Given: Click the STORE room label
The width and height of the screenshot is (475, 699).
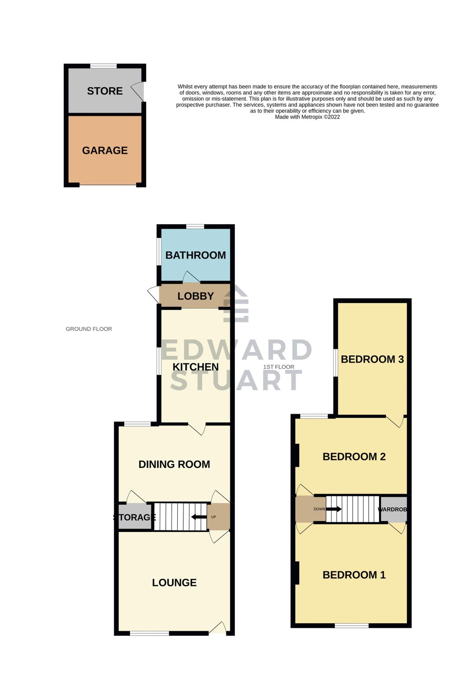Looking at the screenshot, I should pyautogui.click(x=105, y=91).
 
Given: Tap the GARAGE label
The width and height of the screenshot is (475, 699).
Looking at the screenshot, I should pyautogui.click(x=105, y=150).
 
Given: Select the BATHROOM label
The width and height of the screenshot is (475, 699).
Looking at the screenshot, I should pyautogui.click(x=196, y=255).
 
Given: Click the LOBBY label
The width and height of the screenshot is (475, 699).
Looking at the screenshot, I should pyautogui.click(x=196, y=296).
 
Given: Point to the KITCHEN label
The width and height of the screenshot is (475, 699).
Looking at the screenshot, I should pyautogui.click(x=196, y=367).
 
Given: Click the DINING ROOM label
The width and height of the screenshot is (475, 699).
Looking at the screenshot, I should pyautogui.click(x=174, y=464).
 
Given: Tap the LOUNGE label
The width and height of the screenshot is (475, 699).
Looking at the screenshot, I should pyautogui.click(x=174, y=582).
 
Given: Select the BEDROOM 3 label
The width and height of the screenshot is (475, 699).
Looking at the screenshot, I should pyautogui.click(x=372, y=359).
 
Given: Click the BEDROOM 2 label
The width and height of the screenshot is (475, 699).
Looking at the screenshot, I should pyautogui.click(x=354, y=457).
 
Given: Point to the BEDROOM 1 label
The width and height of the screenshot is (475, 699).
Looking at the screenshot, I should pyautogui.click(x=354, y=575).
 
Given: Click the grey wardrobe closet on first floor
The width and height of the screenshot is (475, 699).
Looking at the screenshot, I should pyautogui.click(x=393, y=509).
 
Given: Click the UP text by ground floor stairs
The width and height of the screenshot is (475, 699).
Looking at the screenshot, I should pyautogui.click(x=213, y=517).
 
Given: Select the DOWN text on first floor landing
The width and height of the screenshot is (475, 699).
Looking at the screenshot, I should pyautogui.click(x=319, y=509).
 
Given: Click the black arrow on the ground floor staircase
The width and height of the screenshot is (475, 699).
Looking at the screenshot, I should pyautogui.click(x=199, y=517).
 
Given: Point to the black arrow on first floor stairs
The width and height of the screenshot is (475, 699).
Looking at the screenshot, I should pyautogui.click(x=334, y=509).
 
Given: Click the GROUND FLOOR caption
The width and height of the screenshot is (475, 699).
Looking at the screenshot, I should pyautogui.click(x=89, y=329).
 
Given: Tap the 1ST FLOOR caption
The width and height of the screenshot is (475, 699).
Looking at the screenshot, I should pyautogui.click(x=279, y=367).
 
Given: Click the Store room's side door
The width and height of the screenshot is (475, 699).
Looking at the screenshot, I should pyautogui.click(x=139, y=92).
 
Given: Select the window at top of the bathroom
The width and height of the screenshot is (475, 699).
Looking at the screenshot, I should pyautogui.click(x=195, y=226).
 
